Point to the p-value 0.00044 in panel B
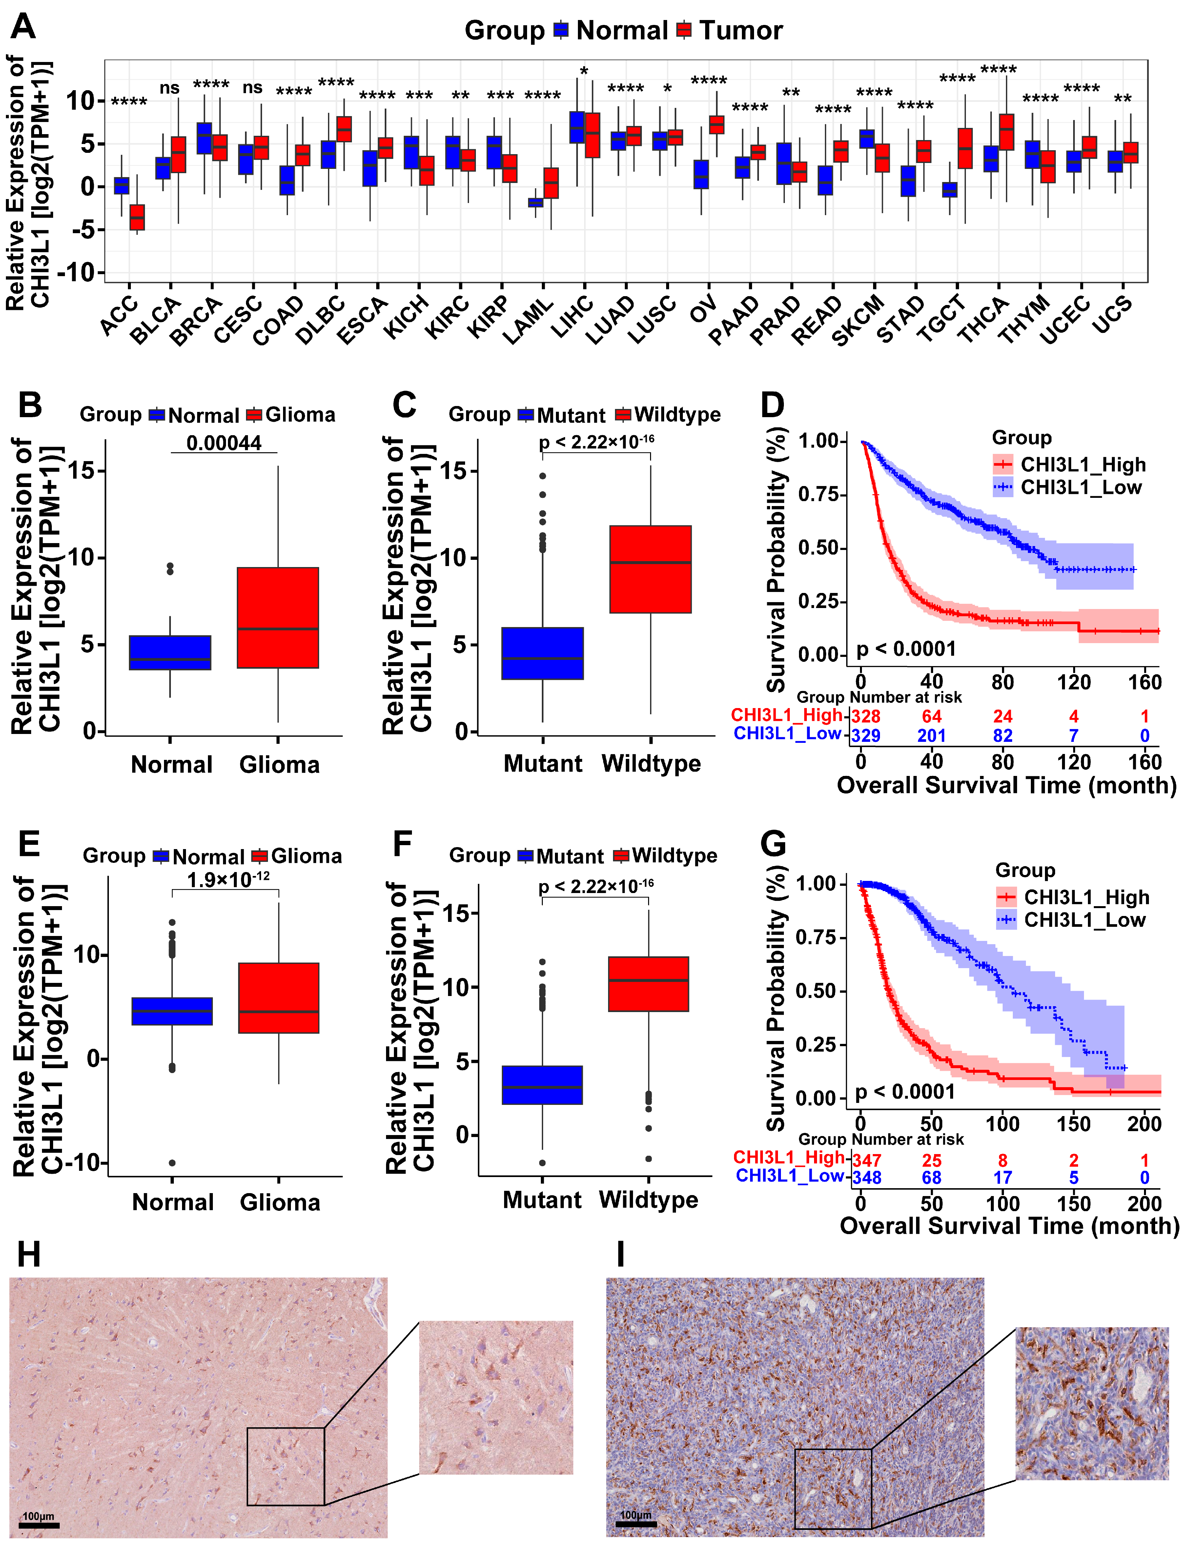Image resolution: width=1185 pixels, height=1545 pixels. point(224,443)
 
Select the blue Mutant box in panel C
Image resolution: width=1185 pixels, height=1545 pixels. point(542,653)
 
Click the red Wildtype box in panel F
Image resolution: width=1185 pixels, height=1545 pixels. point(648,984)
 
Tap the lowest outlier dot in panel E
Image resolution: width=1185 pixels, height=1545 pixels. point(172,1163)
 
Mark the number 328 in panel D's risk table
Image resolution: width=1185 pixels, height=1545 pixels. point(866,717)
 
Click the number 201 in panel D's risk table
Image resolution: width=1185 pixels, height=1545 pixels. point(931,736)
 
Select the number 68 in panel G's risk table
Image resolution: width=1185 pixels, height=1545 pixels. point(931,1178)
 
